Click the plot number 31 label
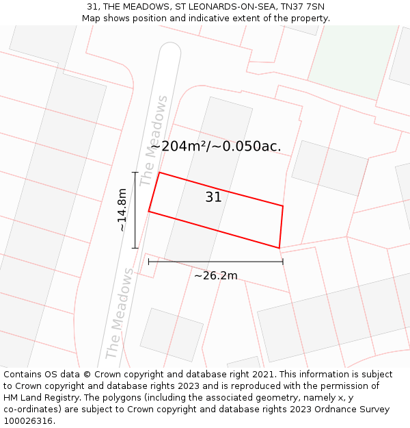point(214,197)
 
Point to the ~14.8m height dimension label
point(122,210)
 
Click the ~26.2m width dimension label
point(215,275)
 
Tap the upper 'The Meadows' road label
point(154,140)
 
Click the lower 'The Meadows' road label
point(120,314)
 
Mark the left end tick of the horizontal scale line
point(149,262)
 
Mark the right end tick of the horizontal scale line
point(282,262)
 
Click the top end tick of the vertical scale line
point(135,173)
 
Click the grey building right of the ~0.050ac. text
point(329,168)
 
